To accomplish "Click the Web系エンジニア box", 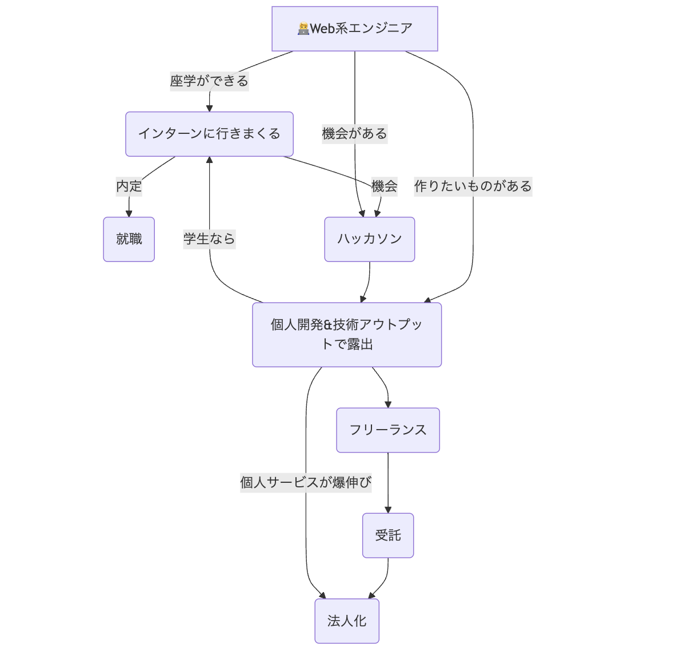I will (354, 29).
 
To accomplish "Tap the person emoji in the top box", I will (303, 29).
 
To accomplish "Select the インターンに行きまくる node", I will (209, 134).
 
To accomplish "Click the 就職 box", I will (129, 239).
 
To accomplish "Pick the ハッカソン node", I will (369, 239).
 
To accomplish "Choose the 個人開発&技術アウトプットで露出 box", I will (347, 335).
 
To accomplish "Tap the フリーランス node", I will (388, 430).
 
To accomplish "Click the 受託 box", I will (388, 535).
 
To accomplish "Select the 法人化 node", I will (347, 621).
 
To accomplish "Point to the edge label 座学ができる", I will (209, 81).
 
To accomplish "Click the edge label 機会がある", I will (354, 134).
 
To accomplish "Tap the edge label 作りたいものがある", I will (473, 186).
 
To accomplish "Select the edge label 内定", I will (129, 186).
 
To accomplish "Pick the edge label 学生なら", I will (209, 239).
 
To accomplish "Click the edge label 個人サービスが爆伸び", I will (306, 483).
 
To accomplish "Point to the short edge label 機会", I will (384, 186).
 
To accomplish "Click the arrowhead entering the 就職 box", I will (129, 214).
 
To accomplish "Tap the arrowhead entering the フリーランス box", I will (388, 405).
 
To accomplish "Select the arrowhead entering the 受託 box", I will (388, 510).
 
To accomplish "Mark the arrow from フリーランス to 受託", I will (388, 481).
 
